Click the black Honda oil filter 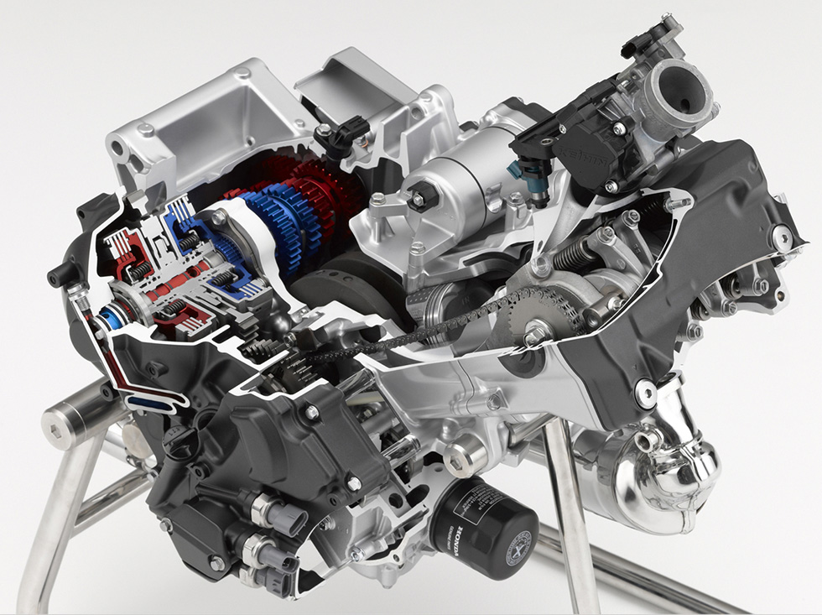coord(484,526)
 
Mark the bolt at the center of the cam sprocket coord(534,335)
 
